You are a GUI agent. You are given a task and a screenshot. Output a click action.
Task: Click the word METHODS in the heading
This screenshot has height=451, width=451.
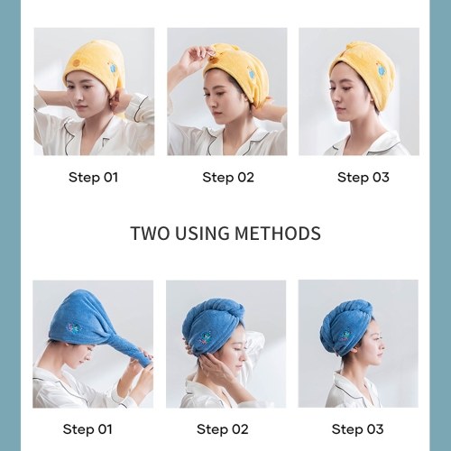(x=278, y=234)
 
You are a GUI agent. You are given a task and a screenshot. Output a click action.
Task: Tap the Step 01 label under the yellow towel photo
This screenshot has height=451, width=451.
(x=93, y=177)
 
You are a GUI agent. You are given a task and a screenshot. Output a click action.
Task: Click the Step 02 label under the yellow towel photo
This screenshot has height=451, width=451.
(x=228, y=177)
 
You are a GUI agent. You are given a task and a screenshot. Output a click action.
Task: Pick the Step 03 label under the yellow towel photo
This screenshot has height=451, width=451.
(x=364, y=177)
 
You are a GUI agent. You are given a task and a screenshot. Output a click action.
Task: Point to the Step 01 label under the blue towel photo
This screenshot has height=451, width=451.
(x=87, y=429)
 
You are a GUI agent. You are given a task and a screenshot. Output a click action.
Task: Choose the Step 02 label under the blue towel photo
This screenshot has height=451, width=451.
(x=223, y=429)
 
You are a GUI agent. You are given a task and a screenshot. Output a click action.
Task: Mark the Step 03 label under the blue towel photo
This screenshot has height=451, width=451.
(x=357, y=429)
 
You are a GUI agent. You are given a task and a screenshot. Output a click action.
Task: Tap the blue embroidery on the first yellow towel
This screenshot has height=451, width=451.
(x=114, y=68)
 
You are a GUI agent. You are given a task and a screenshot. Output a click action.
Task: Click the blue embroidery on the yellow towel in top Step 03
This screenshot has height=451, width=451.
(x=382, y=71)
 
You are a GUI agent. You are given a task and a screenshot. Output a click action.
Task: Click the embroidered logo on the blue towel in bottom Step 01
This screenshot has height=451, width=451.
(x=73, y=328)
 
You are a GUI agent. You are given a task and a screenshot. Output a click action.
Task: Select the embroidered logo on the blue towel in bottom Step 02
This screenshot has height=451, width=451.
(x=205, y=336)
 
